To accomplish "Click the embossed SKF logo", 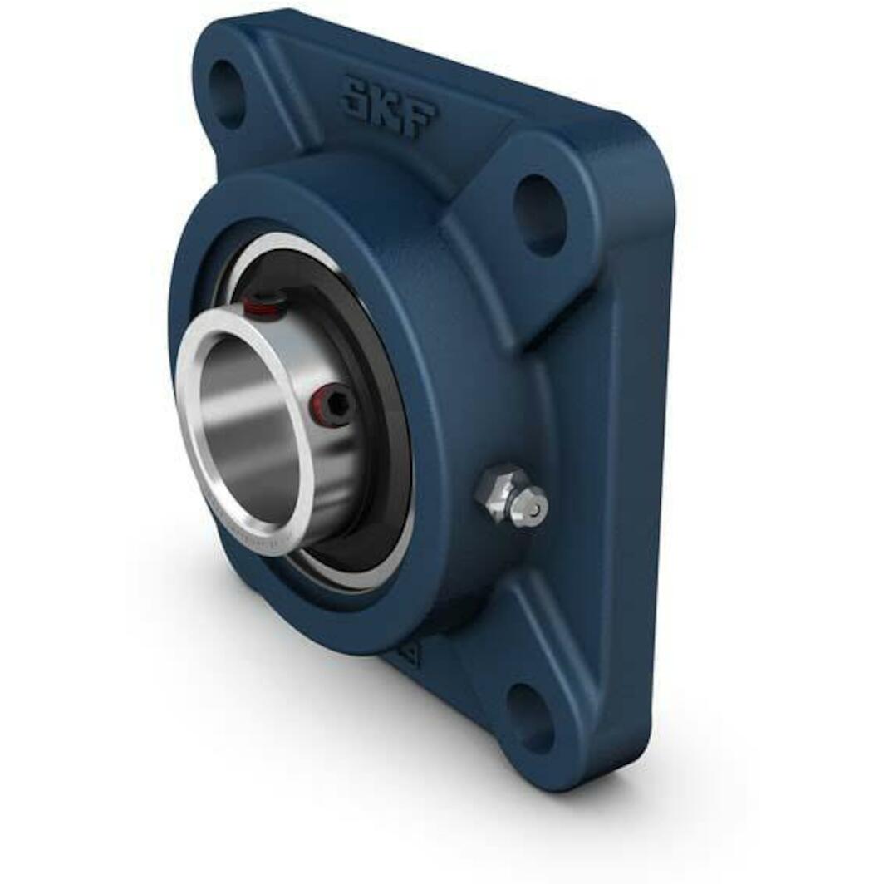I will click(x=388, y=106).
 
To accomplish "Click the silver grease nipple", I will click(x=512, y=496).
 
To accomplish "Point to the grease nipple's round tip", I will click(x=534, y=506).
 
